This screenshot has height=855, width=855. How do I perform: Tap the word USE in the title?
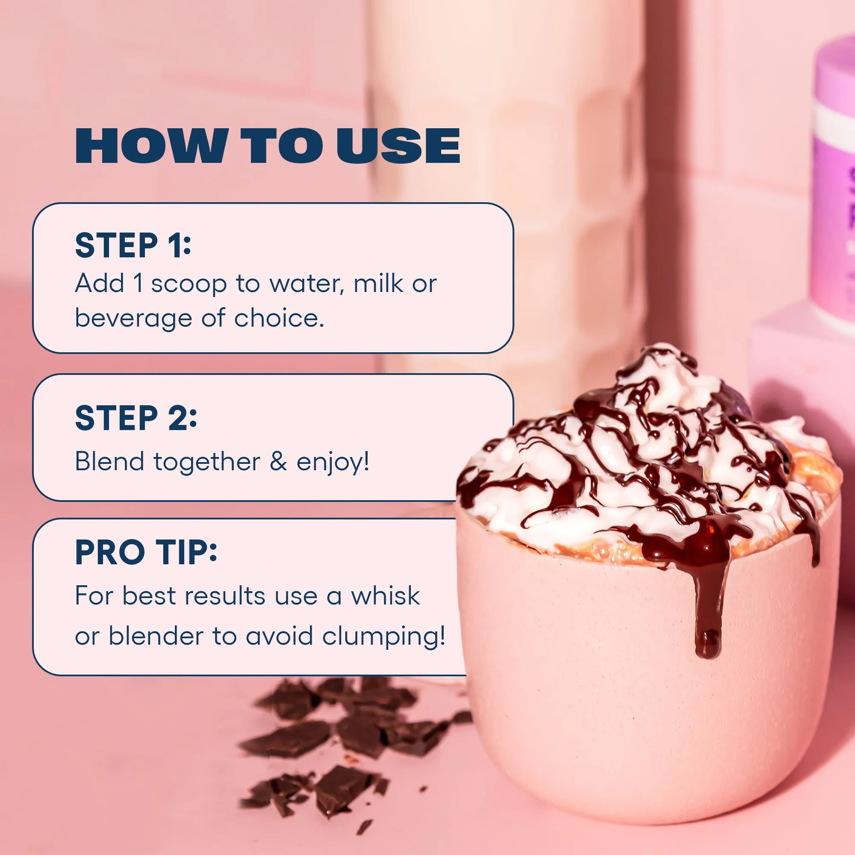[x=398, y=146]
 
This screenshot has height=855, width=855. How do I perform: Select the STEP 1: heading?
[x=133, y=246]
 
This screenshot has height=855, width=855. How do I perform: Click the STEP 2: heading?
[x=136, y=418]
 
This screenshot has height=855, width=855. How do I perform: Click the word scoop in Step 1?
[x=189, y=284]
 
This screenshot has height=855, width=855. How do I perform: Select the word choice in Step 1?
[x=279, y=318]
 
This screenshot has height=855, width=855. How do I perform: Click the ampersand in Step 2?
[x=278, y=462]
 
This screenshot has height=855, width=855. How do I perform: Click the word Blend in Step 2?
[x=110, y=462]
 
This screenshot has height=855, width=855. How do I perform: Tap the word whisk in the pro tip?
[x=385, y=596]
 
